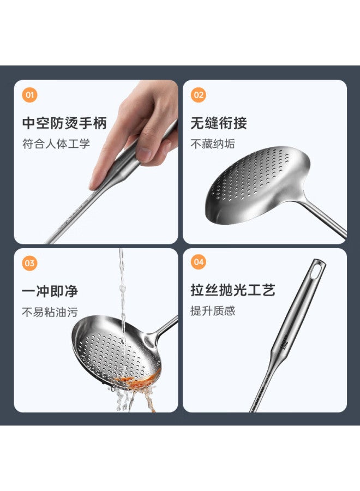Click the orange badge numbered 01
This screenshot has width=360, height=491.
click(x=29, y=95)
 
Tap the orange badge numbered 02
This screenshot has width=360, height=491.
click(x=199, y=95)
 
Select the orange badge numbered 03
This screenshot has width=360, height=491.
click(x=29, y=263)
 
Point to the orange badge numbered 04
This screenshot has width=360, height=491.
click(x=199, y=262)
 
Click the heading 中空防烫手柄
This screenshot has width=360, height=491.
click(x=64, y=123)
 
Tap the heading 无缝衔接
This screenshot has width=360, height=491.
click(x=219, y=123)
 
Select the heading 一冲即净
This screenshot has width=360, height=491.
click(x=50, y=291)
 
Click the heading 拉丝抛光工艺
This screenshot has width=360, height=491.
click(x=233, y=290)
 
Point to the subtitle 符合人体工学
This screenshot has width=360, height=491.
click(x=56, y=144)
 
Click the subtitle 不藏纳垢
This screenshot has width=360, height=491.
click(x=213, y=144)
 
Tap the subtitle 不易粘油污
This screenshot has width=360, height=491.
click(x=50, y=312)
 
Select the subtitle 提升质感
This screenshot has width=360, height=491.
click(x=213, y=311)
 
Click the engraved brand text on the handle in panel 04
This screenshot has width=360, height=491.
click(x=284, y=346)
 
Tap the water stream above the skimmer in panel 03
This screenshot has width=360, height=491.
click(x=122, y=288)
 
